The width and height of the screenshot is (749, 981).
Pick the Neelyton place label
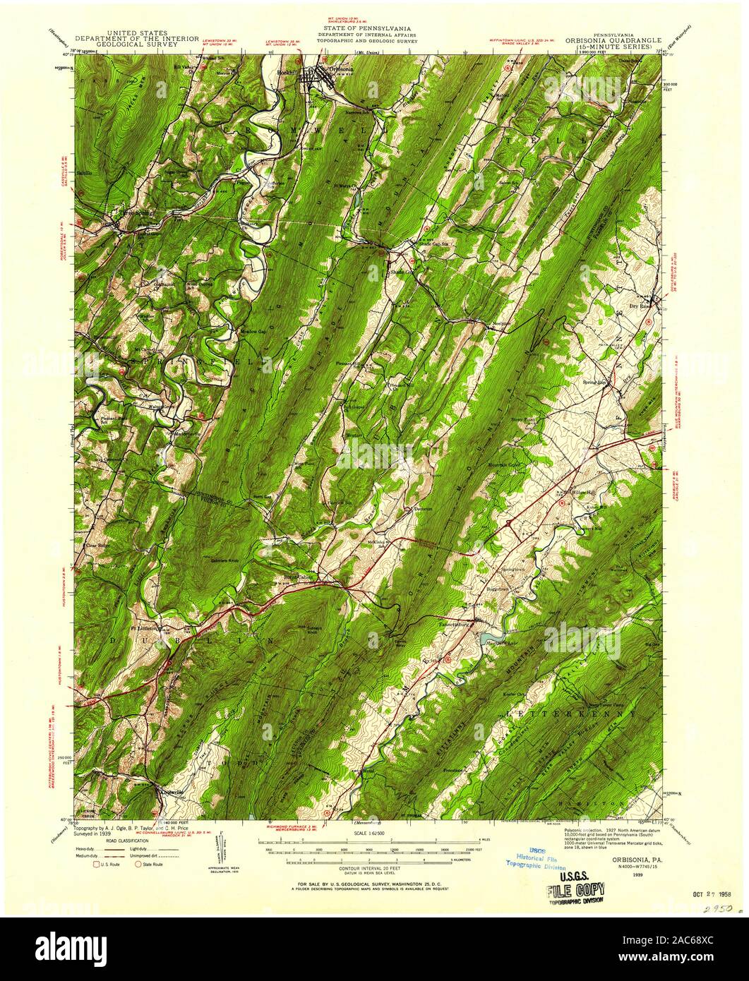[x=501, y=326]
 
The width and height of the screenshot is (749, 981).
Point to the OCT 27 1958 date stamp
[x=708, y=891]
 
